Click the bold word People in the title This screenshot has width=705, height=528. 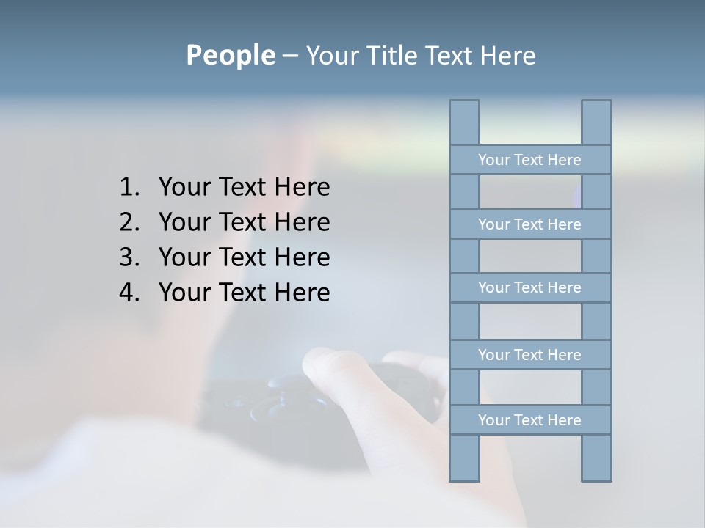coord(230,55)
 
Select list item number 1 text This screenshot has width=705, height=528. coord(244,187)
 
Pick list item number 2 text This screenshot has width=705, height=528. coord(244,222)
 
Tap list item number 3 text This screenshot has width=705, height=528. coord(244,257)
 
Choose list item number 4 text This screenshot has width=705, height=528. coord(244,293)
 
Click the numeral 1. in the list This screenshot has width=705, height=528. coord(129,187)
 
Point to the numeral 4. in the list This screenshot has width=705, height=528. coord(129,293)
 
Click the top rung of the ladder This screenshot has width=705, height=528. coord(529,160)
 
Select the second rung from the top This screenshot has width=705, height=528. coord(529,224)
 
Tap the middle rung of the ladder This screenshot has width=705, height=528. coord(529,287)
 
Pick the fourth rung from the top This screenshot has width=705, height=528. coord(529,355)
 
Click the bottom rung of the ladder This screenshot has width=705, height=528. coord(529,420)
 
